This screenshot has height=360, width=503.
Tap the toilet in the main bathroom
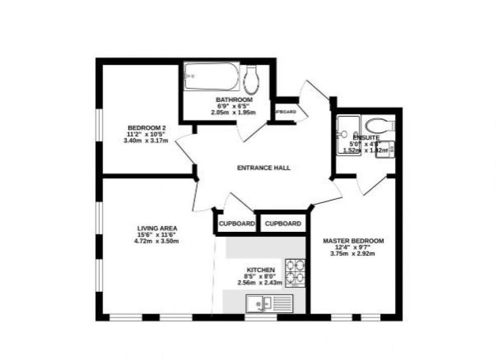pos(252,79)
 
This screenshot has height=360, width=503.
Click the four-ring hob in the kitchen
pos(295,272)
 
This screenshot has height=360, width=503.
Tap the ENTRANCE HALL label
pos(264,168)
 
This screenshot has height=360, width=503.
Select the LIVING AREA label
pos(157,228)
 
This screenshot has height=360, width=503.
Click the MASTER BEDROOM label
pos(353,241)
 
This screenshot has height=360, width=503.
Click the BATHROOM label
pos(234,99)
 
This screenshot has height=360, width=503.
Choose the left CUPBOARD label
pos(237,224)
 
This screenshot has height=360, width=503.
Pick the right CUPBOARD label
pos(283,224)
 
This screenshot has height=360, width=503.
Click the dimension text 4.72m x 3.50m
pos(157,241)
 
